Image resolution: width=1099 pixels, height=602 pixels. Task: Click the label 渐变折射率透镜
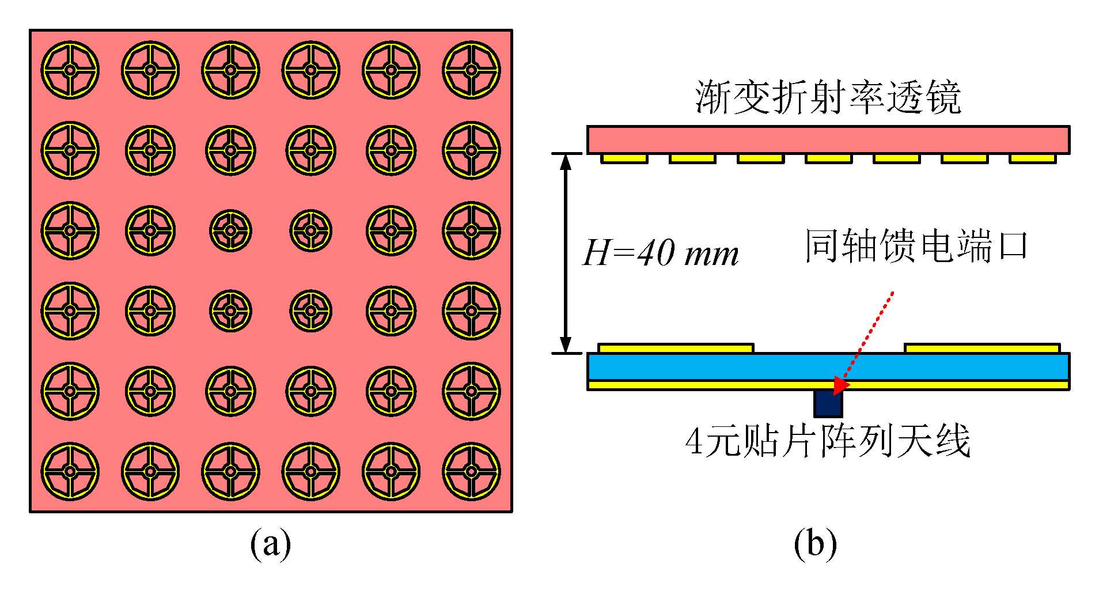[828, 97]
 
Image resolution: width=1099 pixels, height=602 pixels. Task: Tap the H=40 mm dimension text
[660, 253]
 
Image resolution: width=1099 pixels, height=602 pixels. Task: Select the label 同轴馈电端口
[916, 247]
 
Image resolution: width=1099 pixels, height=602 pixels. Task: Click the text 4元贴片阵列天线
[828, 441]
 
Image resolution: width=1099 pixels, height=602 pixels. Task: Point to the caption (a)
[271, 543]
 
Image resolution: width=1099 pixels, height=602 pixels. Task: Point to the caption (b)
[815, 543]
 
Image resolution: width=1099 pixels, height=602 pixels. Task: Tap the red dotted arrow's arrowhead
[842, 383]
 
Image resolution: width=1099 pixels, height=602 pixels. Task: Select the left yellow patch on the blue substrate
[676, 348]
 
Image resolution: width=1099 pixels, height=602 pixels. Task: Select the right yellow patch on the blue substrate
[982, 348]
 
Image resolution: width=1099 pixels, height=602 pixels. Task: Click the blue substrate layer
[828, 366]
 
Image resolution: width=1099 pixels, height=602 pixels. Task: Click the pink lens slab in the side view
[828, 139]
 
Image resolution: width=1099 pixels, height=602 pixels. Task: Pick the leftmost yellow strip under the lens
[624, 158]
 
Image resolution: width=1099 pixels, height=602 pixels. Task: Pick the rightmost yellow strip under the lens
[1033, 158]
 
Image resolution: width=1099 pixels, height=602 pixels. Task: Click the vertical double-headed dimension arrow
[566, 253]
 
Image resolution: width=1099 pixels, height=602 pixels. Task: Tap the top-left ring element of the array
[70, 70]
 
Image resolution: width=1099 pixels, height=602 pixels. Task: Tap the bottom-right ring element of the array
[471, 471]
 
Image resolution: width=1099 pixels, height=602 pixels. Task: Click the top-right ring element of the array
[471, 70]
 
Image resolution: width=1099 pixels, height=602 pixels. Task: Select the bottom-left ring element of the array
[70, 471]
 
